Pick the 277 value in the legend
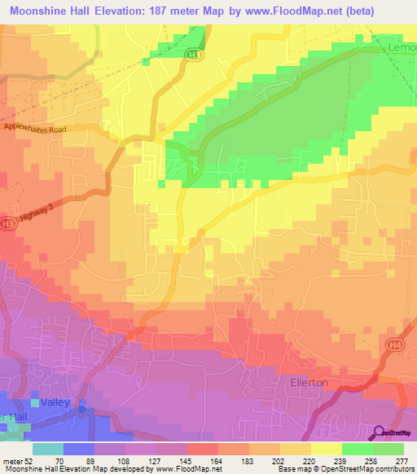tap(402, 460)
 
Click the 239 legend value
tap(341, 460)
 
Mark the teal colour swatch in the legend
tap(47, 449)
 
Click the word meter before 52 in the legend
tap(13, 460)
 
